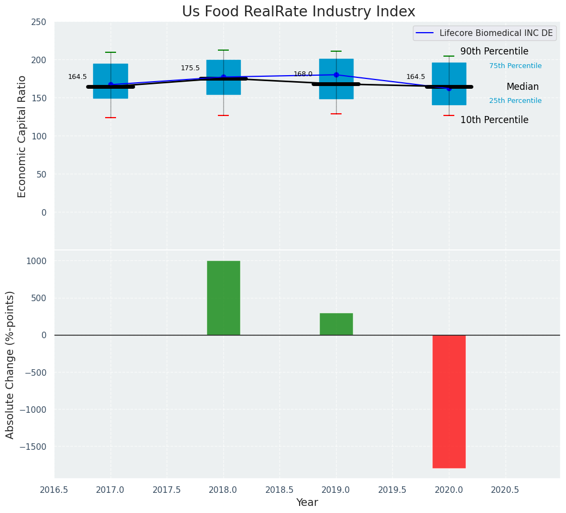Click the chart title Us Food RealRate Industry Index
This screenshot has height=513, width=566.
(x=299, y=12)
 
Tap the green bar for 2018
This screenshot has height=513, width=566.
(x=223, y=298)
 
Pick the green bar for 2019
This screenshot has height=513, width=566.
(x=336, y=324)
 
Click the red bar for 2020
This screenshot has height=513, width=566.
(x=449, y=401)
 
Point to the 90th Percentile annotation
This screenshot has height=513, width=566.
(x=494, y=52)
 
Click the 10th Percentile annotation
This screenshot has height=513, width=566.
(x=494, y=120)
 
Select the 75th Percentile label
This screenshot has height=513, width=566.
(x=515, y=66)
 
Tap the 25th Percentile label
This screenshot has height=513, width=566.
(x=515, y=101)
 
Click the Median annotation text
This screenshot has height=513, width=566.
(x=522, y=87)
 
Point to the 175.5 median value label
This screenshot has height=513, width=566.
(x=190, y=68)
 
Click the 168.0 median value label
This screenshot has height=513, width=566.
(x=303, y=74)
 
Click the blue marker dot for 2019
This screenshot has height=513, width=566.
(x=336, y=75)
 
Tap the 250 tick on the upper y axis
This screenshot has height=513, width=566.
(x=39, y=22)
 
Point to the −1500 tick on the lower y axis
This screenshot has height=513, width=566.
(x=34, y=447)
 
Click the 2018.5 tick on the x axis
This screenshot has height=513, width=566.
(x=279, y=490)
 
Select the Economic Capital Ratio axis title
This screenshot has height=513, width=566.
(x=22, y=136)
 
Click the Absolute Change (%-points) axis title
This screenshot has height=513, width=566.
(x=10, y=364)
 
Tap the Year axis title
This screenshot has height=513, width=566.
(x=307, y=503)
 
